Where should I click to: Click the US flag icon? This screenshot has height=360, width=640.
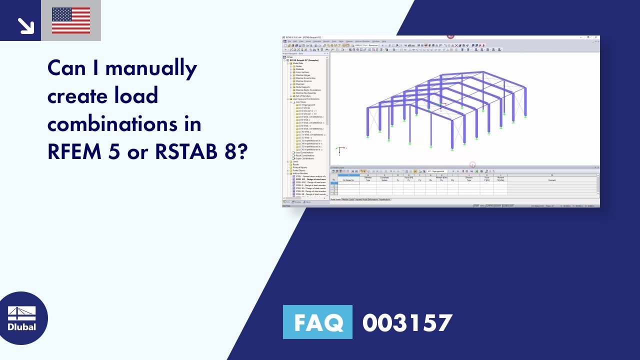coord(71,20)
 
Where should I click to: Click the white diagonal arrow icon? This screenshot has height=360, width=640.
coord(24,25)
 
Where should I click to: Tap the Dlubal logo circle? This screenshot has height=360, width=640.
coord(22,318)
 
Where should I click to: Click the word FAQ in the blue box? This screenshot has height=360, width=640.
coord(317,322)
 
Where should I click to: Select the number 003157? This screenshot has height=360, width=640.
coord(407,322)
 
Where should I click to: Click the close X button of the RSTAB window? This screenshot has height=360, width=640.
coord(595,37)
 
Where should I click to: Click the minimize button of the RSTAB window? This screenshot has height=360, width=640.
coord(580,37)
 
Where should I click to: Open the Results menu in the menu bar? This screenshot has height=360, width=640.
coord(326,41)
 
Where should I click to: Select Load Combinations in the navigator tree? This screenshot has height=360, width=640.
coord(304,152)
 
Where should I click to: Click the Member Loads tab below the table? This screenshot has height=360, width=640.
coord(348,199)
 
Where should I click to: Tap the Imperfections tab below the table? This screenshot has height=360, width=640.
coord(385,199)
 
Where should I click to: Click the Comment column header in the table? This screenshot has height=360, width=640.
coord(551,180)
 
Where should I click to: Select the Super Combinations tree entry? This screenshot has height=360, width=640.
coord(305,158)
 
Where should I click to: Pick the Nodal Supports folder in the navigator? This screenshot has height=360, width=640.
coord(302,87)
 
